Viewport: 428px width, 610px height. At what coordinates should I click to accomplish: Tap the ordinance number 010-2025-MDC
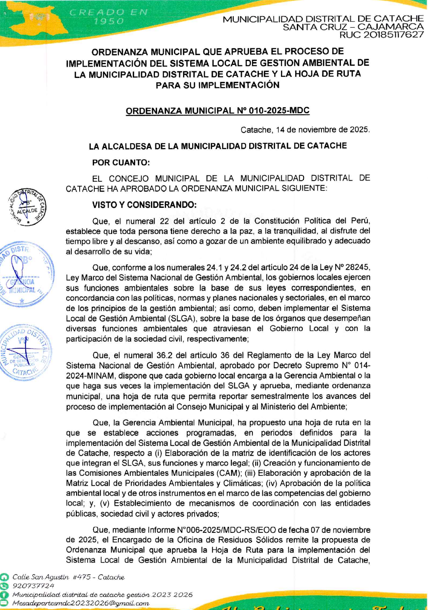point(279,111)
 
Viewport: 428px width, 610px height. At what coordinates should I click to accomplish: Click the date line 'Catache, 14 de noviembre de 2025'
point(305,130)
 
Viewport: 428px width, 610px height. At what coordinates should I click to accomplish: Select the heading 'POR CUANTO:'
point(121,163)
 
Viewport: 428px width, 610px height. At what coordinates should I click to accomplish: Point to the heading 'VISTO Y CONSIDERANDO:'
point(144,205)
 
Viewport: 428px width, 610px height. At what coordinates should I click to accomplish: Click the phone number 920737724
point(34,586)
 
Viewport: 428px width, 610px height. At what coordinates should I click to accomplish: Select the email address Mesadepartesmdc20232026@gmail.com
point(81,603)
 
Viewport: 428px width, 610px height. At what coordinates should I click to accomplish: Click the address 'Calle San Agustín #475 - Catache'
point(69,577)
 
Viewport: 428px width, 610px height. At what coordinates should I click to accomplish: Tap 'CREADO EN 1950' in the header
point(108,17)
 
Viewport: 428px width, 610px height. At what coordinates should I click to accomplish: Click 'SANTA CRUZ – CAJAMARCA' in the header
point(353,27)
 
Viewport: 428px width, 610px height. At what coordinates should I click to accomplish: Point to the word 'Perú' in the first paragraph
point(361,221)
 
